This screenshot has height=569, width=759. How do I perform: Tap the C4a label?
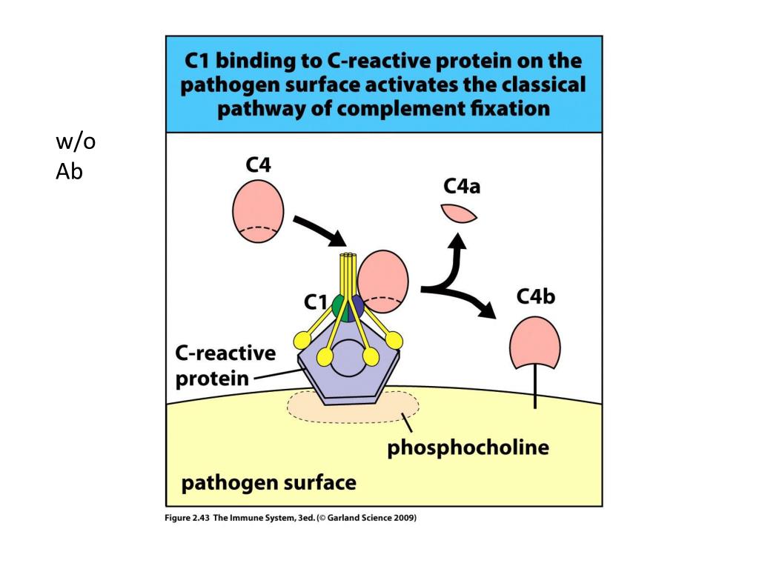click(x=462, y=186)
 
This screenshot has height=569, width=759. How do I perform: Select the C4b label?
click(x=535, y=297)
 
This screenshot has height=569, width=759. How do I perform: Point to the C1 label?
click(x=316, y=302)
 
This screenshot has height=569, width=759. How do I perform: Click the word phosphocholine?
click(x=468, y=447)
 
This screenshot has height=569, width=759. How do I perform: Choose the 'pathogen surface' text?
click(x=269, y=484)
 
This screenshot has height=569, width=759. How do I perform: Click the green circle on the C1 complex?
click(x=339, y=305)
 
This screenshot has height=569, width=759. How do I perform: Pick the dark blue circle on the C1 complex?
click(x=358, y=305)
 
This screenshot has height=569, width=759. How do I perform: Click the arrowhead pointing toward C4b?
click(x=486, y=310)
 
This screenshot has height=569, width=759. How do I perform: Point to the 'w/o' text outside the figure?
click(x=75, y=142)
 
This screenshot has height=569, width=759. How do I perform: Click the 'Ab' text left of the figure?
click(x=69, y=172)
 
